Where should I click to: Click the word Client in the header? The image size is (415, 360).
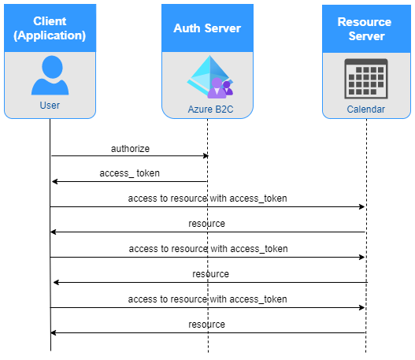[x=50, y=21]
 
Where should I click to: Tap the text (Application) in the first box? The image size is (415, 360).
[x=50, y=35]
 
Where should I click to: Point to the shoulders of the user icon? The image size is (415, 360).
[x=50, y=87]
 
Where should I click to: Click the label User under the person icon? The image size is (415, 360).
[x=50, y=106]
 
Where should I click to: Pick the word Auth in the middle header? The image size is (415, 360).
[x=186, y=28]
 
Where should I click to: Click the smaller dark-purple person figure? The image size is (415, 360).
[x=227, y=87]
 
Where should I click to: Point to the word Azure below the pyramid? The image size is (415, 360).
[x=200, y=109]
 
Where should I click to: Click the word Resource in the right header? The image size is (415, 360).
[x=365, y=22]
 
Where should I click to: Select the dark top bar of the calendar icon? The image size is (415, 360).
[x=366, y=62]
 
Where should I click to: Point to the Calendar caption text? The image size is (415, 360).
[x=365, y=109]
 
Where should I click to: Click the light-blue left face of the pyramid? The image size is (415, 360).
[x=199, y=75]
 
